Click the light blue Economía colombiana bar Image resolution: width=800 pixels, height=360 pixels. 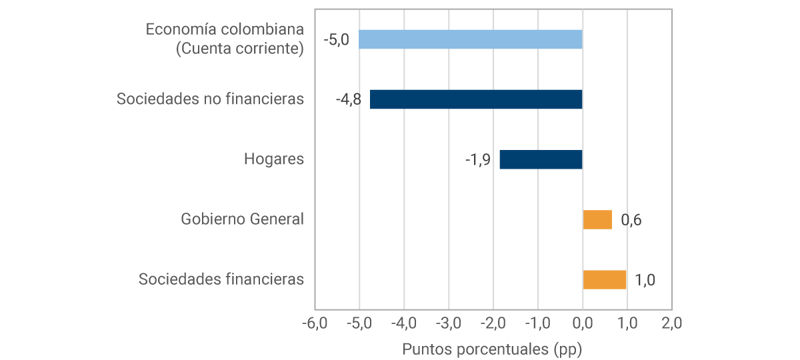click(471, 39)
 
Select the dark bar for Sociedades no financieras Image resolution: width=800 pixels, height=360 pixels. click(476, 99)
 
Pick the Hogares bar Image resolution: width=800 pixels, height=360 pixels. click(541, 159)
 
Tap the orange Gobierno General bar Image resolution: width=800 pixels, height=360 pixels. click(597, 219)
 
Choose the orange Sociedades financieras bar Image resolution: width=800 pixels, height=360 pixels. click(605, 279)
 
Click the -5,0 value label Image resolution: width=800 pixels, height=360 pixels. click(336, 39)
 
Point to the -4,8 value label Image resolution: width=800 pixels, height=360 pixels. click(348, 99)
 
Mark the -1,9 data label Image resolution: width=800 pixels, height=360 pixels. click(478, 159)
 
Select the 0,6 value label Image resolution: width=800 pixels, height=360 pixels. click(631, 220)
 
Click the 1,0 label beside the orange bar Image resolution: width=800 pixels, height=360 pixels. click(645, 280)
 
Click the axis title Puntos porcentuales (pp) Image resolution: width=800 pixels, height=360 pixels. click(493, 349)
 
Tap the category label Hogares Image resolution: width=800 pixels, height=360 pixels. click(274, 159)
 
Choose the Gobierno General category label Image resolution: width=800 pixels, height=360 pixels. click(243, 219)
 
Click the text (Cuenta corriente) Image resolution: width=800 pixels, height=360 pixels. click(239, 49)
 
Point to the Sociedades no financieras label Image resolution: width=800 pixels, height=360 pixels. click(210, 99)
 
